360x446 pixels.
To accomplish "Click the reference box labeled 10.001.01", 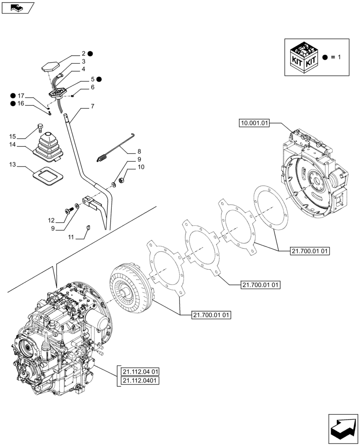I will [x=254, y=124].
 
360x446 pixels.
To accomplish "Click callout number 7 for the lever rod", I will [x=92, y=107].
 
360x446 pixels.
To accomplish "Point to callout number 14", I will [x=12, y=145].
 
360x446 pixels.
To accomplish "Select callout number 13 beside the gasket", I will [x=12, y=165].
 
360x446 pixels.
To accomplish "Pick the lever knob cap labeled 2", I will [x=49, y=66].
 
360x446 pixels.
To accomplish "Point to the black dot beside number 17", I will [x=13, y=95].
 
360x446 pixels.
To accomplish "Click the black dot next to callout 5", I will [x=99, y=79].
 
